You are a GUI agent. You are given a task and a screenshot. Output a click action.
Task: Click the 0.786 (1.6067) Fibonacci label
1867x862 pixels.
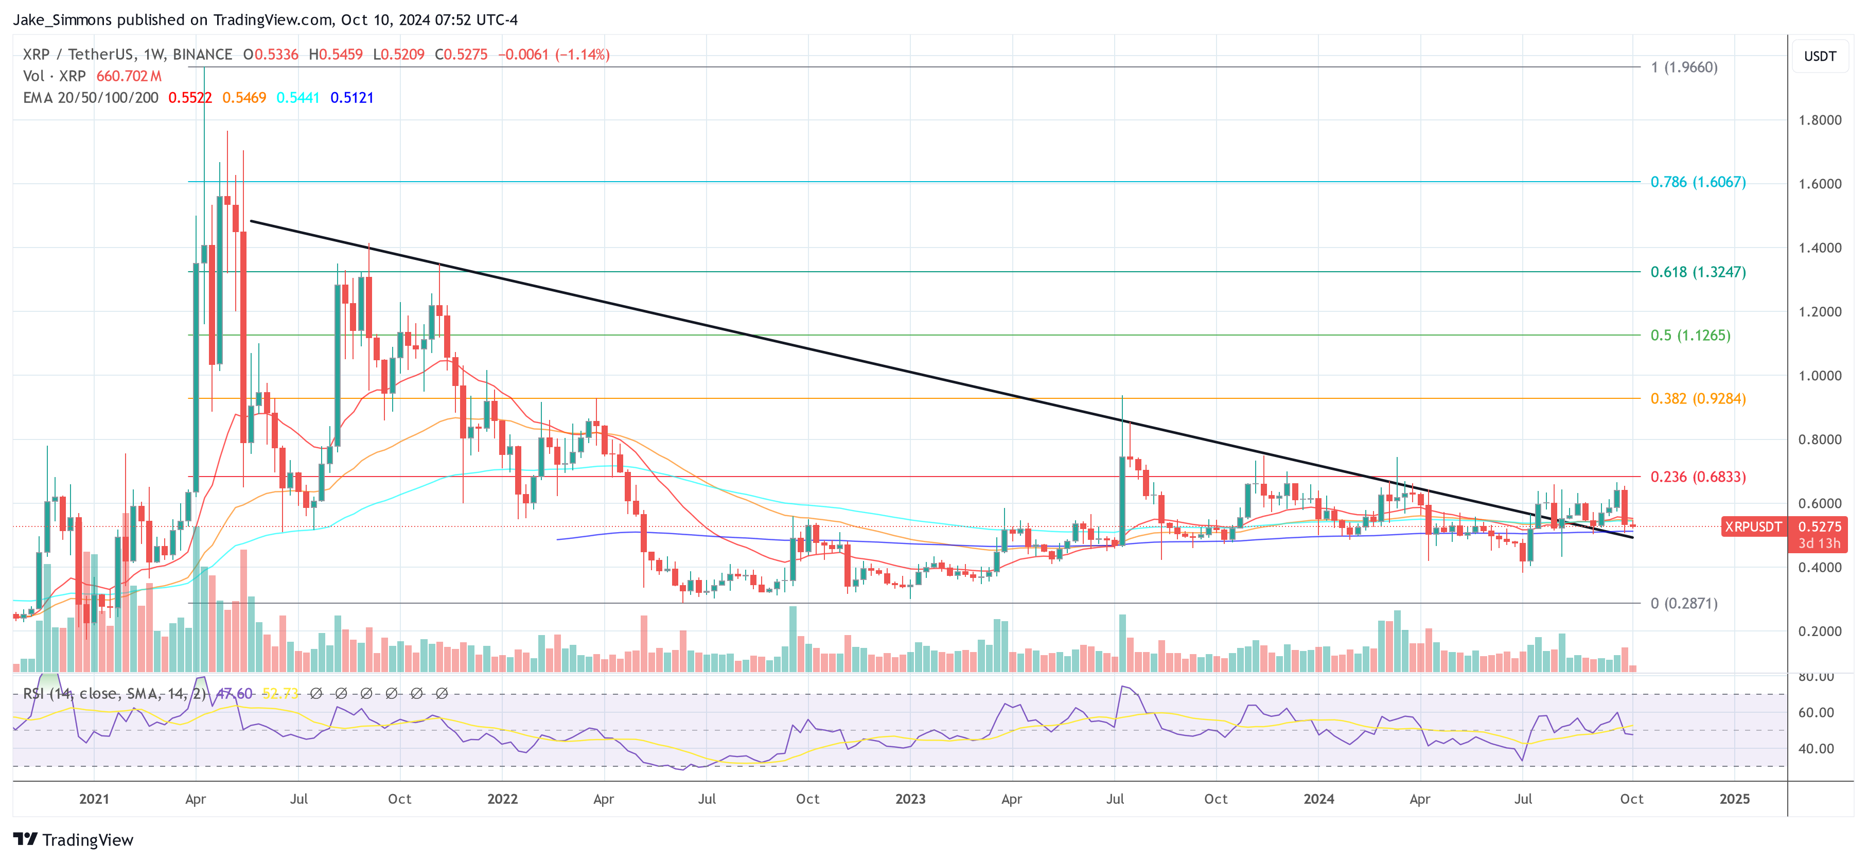click(1697, 182)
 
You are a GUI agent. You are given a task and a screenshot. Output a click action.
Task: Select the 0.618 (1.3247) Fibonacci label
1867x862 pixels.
click(1697, 272)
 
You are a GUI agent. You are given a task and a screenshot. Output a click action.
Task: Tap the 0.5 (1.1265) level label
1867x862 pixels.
click(1689, 335)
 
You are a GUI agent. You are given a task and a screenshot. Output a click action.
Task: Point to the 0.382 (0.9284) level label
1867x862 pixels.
click(1697, 399)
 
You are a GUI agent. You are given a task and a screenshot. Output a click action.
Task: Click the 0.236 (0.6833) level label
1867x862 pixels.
click(1697, 477)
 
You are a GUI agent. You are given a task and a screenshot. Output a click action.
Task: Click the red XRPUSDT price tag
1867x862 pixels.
click(1752, 527)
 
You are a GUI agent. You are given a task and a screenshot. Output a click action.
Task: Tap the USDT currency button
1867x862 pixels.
click(1819, 56)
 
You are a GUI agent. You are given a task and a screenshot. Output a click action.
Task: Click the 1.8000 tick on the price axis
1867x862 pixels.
click(1819, 120)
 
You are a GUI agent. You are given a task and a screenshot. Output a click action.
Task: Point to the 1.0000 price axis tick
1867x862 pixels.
click(1819, 376)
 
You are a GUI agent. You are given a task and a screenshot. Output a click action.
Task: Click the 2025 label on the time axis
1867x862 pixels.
click(1734, 799)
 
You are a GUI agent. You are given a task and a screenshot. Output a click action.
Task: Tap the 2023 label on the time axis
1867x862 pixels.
click(910, 799)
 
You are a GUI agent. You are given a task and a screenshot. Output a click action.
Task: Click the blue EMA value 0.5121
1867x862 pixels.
click(351, 98)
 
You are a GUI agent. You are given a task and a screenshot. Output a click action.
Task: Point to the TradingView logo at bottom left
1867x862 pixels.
click(73, 839)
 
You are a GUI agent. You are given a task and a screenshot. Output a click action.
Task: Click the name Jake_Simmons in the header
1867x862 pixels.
click(62, 20)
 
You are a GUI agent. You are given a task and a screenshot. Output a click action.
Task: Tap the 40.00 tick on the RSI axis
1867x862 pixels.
click(1816, 748)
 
